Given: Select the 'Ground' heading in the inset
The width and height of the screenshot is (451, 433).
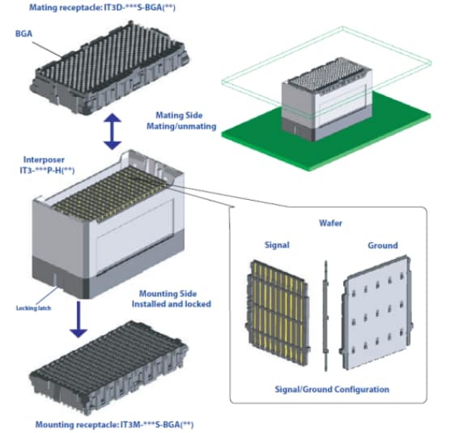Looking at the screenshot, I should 382,246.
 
